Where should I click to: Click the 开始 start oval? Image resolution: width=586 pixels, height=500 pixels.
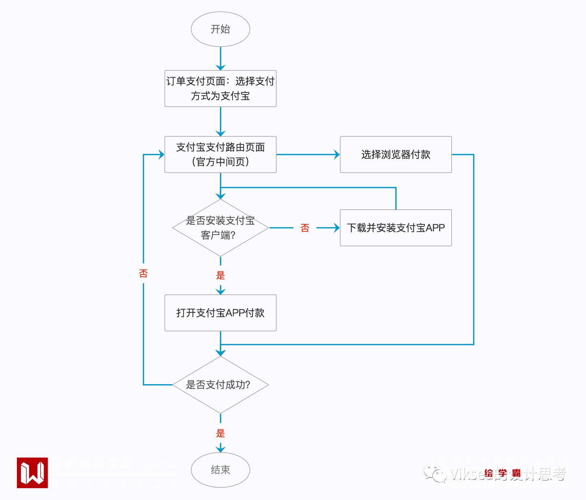220,29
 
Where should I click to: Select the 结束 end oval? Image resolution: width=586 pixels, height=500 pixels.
220,470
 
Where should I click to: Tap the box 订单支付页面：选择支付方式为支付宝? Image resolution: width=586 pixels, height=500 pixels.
220,88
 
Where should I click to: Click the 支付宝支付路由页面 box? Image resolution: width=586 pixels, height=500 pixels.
220,154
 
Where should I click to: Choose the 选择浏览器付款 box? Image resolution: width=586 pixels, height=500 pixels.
396,154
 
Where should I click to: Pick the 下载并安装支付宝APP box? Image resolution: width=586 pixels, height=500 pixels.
396,228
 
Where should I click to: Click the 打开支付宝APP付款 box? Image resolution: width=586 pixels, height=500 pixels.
220,313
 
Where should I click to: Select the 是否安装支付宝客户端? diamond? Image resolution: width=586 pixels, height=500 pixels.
220,228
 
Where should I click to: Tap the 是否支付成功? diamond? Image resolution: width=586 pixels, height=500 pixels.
220,385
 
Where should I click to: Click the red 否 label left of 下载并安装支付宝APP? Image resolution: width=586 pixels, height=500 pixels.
305,228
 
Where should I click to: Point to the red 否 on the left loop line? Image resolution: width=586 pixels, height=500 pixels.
143,273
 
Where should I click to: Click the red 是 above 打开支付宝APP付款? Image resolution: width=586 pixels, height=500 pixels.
220,275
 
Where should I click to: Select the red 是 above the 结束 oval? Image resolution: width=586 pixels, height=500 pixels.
220,433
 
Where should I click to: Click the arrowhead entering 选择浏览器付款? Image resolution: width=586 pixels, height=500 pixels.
337,155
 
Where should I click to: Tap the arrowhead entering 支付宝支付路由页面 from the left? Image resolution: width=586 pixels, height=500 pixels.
161,155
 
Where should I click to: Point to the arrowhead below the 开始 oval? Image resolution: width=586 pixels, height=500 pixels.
220,67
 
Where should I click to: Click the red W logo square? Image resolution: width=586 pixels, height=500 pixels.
32,473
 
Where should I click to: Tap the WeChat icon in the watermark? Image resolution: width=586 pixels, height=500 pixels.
435,473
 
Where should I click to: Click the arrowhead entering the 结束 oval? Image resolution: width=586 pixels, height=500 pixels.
220,449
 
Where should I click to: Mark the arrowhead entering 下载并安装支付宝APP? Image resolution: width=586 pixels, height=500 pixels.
337,228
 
